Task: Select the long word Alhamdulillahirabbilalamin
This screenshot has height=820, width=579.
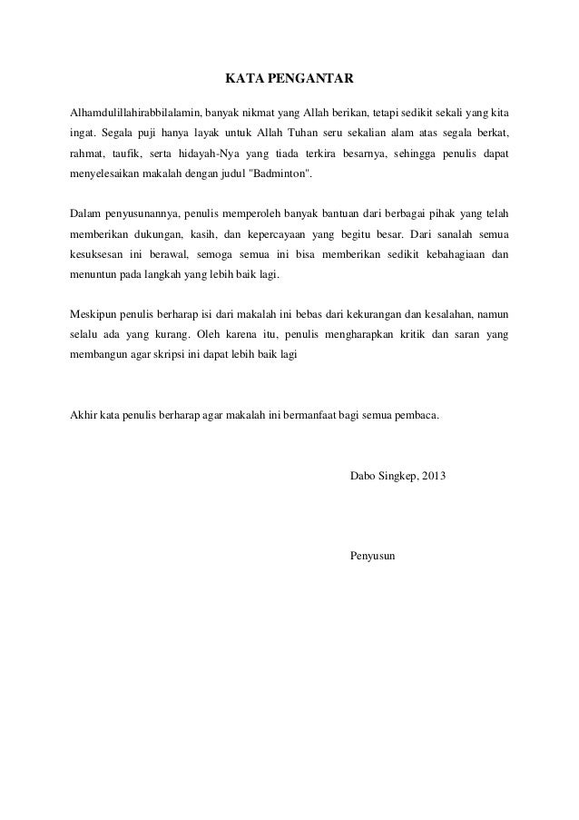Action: tap(133, 114)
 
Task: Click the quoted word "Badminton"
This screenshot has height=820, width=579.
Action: tap(280, 173)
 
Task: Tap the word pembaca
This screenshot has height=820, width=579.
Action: tap(415, 417)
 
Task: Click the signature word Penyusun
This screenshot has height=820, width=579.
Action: tap(373, 556)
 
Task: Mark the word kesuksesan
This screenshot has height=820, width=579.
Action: tap(100, 254)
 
